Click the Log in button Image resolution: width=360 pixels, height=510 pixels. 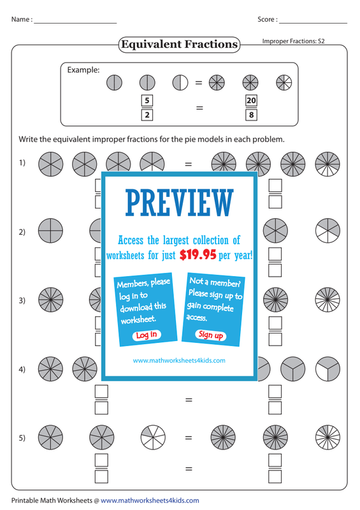point(147,335)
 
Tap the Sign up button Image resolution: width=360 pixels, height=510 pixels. point(210,335)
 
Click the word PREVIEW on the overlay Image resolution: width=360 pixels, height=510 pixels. point(180,203)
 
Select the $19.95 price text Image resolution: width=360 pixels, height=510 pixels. point(198,254)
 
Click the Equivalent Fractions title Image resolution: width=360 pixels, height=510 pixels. point(179,44)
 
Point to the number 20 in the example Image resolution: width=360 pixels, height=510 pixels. point(251,100)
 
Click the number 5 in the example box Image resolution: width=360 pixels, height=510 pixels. point(147,100)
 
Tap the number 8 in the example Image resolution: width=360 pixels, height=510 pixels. point(251,115)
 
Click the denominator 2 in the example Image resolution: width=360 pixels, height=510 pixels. point(147,115)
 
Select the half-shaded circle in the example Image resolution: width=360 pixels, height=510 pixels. point(180,83)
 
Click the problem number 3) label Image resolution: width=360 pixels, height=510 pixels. point(22,300)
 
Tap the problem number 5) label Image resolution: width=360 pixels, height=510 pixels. point(22,438)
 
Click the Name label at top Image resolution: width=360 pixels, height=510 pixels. point(22,20)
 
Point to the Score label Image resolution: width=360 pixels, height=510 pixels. point(268,20)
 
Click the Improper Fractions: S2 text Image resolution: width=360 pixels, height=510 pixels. point(293,41)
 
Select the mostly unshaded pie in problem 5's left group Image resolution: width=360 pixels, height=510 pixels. point(153,437)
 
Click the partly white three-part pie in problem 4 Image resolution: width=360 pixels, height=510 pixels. point(328,369)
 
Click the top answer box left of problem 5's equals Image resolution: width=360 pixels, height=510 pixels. point(101,460)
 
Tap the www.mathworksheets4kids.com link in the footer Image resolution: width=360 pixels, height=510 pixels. point(150,500)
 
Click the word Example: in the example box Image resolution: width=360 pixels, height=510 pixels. point(83,70)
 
